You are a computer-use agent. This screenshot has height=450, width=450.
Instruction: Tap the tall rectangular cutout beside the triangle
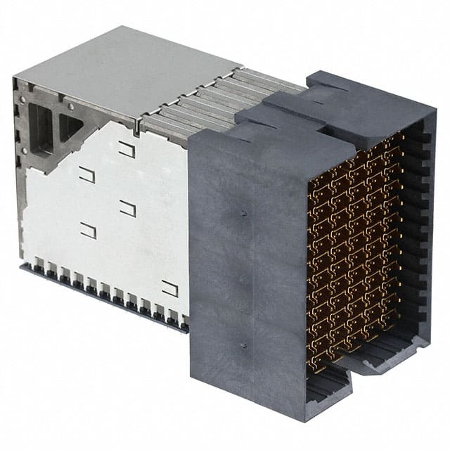41,127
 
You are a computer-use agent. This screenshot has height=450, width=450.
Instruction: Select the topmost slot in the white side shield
127,149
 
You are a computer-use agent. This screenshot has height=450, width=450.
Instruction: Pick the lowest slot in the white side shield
169,288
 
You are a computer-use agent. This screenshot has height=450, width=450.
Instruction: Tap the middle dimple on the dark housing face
243,279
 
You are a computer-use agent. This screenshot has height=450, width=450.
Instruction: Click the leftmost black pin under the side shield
25,268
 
